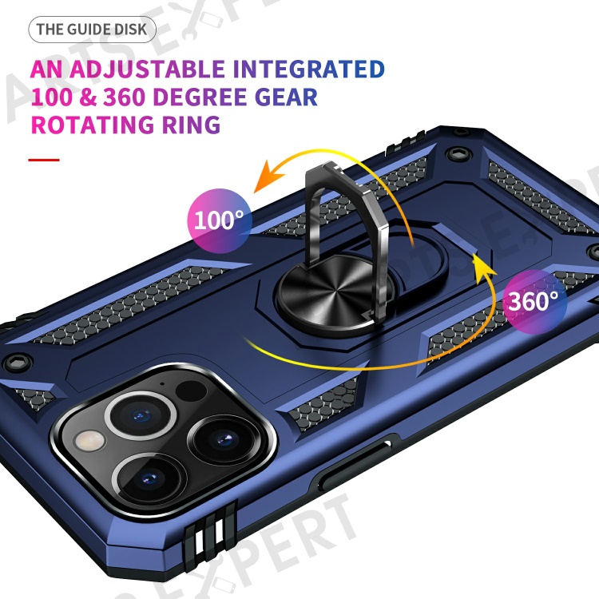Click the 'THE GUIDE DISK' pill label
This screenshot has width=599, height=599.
point(92,30)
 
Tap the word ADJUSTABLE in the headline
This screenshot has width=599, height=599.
point(147,69)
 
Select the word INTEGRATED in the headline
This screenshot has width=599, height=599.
point(308,69)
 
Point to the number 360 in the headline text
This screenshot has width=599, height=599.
point(123,97)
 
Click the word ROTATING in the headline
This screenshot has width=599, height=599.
point(93,125)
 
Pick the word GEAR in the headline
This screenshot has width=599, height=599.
point(286,97)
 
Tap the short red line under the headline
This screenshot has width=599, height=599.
point(44,160)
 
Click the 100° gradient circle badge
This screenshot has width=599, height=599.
point(220,220)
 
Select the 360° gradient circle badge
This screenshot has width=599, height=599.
point(534,301)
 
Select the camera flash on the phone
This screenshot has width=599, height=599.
point(89,440)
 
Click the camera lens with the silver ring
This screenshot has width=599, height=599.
point(141,415)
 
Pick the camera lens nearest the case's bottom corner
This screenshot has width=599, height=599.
point(151,479)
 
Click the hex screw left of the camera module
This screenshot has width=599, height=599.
point(18,363)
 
